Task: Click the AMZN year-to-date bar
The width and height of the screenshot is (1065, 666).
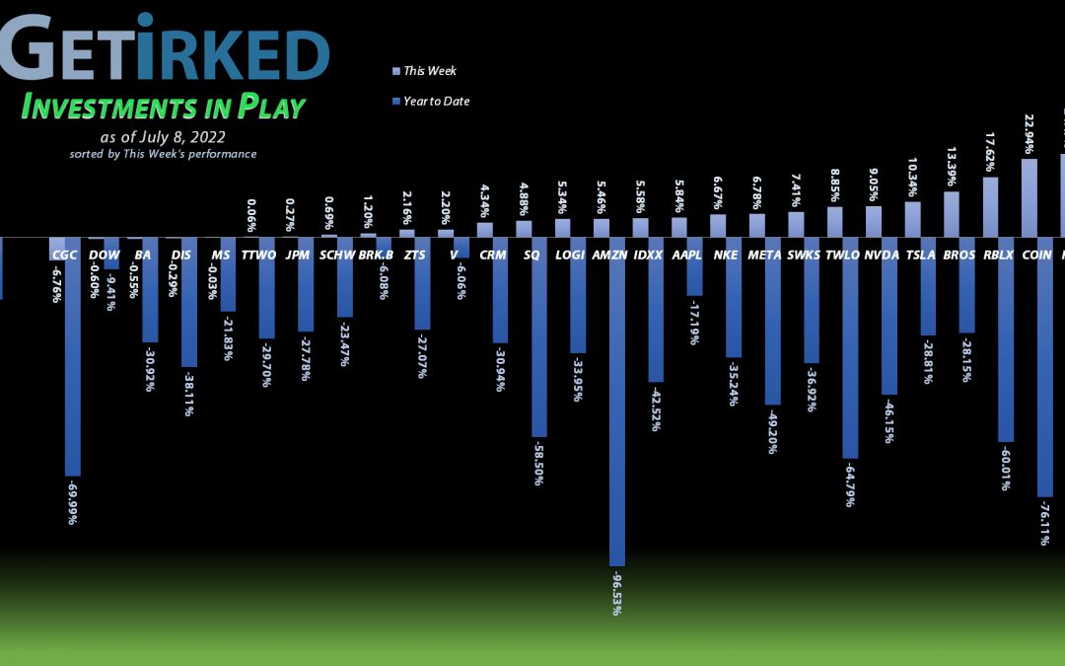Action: [x=617, y=400]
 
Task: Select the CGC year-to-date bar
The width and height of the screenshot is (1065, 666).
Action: [x=73, y=355]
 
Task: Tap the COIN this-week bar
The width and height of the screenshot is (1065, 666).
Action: [x=1029, y=197]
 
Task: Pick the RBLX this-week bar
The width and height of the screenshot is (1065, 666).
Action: [x=990, y=206]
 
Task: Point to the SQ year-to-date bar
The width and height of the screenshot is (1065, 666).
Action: [x=539, y=336]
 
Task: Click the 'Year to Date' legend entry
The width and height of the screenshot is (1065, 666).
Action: [x=434, y=101]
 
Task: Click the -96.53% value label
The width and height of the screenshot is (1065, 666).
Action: [x=617, y=593]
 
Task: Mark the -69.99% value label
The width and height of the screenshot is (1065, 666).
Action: [x=72, y=502]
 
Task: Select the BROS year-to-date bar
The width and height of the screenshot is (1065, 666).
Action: [x=967, y=285]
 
